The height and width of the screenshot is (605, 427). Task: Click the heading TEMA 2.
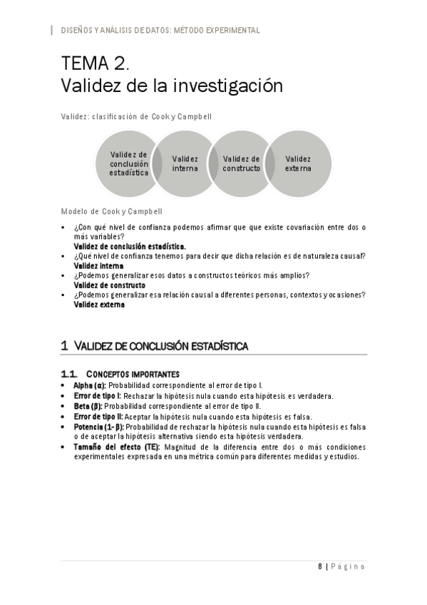click(95, 63)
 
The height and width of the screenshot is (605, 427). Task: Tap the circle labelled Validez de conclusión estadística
click(129, 163)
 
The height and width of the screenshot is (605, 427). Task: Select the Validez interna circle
click(185, 163)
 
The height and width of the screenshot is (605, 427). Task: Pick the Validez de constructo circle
click(241, 163)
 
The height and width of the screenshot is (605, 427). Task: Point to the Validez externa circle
click(298, 163)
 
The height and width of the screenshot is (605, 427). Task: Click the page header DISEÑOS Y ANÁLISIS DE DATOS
click(160, 31)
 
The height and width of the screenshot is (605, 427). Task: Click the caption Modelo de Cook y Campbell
click(111, 211)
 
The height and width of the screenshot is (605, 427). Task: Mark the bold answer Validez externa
click(99, 305)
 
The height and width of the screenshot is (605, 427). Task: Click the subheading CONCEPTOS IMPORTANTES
click(133, 374)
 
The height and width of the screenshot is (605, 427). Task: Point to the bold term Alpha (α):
click(89, 385)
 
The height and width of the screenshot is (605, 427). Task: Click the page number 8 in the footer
click(320, 566)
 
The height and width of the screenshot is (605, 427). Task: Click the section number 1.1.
click(69, 374)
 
